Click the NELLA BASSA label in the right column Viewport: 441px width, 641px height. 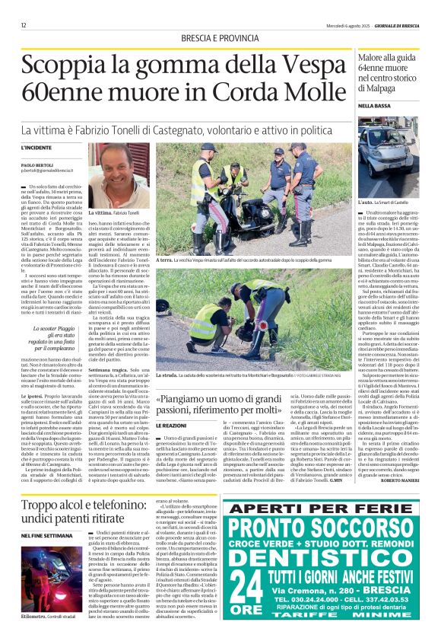tap(363, 105)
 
